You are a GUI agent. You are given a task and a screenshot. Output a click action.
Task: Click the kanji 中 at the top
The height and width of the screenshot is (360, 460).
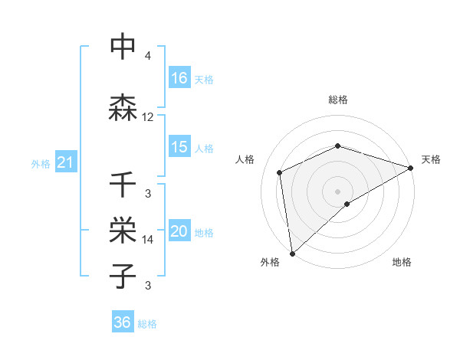pyautogui.click(x=123, y=47)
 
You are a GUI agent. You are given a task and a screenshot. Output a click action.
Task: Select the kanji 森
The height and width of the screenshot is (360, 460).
pyautogui.click(x=123, y=108)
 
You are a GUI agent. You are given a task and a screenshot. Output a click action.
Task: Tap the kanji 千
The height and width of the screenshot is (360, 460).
pyautogui.click(x=123, y=184)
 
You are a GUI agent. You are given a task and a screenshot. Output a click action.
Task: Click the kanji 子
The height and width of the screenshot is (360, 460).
pyautogui.click(x=123, y=276)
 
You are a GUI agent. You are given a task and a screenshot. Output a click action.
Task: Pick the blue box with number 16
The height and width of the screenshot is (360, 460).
pyautogui.click(x=179, y=77)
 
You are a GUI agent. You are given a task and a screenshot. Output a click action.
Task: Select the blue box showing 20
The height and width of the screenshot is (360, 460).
pyautogui.click(x=179, y=231)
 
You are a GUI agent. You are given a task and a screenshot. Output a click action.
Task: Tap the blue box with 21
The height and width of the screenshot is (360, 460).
pyautogui.click(x=65, y=162)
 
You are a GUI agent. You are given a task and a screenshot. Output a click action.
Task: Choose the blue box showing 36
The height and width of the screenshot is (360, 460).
pyautogui.click(x=123, y=322)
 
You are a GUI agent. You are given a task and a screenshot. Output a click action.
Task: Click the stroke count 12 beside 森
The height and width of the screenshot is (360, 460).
pyautogui.click(x=148, y=117)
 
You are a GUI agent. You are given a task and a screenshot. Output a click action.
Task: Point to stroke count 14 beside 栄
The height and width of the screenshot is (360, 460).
pyautogui.click(x=148, y=240)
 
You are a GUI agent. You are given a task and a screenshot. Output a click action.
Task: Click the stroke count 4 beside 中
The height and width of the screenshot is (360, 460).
pyautogui.click(x=148, y=56)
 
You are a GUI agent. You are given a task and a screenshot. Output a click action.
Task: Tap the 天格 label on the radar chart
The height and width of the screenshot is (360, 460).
pyautogui.click(x=431, y=159)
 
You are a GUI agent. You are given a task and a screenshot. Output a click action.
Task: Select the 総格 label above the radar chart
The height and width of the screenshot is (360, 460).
pyautogui.click(x=338, y=100)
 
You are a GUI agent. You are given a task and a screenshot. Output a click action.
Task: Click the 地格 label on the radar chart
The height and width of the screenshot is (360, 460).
pyautogui.click(x=402, y=262)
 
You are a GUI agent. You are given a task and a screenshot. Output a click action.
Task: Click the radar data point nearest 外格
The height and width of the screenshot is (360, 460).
pyautogui.click(x=292, y=253)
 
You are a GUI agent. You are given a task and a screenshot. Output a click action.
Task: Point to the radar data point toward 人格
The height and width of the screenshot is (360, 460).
pyautogui.click(x=280, y=172)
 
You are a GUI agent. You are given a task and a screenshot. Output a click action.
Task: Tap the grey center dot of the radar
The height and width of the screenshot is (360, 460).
pyautogui.click(x=338, y=191)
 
